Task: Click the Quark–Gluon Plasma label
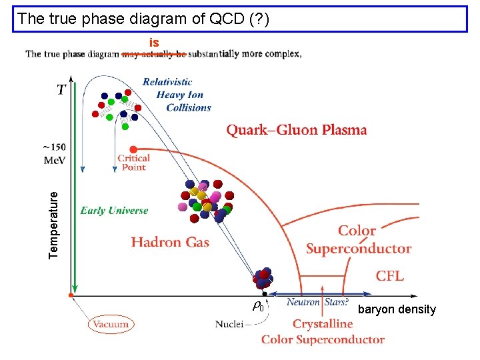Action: (x=297, y=130)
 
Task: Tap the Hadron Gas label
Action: (x=170, y=242)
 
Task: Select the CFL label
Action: (x=389, y=276)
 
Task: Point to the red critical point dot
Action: (x=133, y=149)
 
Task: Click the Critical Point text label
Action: (x=133, y=163)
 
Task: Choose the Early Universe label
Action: (x=114, y=211)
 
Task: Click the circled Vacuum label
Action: (x=111, y=325)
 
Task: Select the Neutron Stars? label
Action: (x=317, y=303)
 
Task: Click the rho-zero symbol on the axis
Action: (x=258, y=307)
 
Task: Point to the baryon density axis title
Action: (x=397, y=309)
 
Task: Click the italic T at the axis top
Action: (x=61, y=89)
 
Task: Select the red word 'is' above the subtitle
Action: (x=154, y=43)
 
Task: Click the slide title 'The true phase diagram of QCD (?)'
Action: (x=144, y=19)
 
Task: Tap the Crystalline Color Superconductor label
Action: (x=323, y=332)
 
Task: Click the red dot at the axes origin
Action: (x=71, y=294)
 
